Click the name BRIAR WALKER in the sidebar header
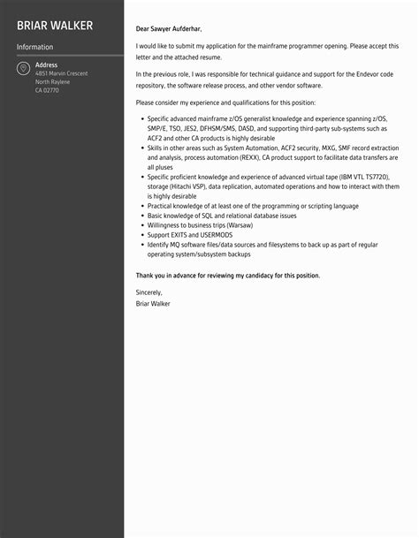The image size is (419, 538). [54, 25]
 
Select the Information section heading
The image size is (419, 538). [34, 47]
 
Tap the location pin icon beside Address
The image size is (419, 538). [23, 68]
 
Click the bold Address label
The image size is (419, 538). [46, 64]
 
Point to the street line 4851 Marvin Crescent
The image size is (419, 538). [61, 73]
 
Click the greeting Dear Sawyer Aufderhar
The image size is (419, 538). [175, 28]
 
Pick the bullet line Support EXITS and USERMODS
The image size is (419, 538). [191, 235]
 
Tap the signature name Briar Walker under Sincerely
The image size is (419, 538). [153, 303]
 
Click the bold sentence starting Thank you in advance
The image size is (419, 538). [228, 275]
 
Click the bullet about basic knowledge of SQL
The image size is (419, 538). [221, 216]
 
